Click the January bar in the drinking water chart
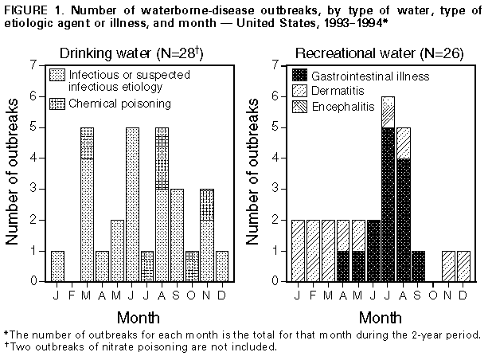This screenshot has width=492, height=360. [x=57, y=266]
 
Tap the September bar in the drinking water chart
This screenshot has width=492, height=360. [x=177, y=235]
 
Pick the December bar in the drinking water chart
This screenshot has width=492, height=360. [x=221, y=266]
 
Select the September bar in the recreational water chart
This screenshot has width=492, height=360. [x=418, y=266]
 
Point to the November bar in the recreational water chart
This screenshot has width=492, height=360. [x=448, y=266]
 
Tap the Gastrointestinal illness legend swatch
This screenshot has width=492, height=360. [x=299, y=76]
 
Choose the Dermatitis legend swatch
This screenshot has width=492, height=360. [x=299, y=92]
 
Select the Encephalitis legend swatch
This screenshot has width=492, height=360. [x=299, y=106]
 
